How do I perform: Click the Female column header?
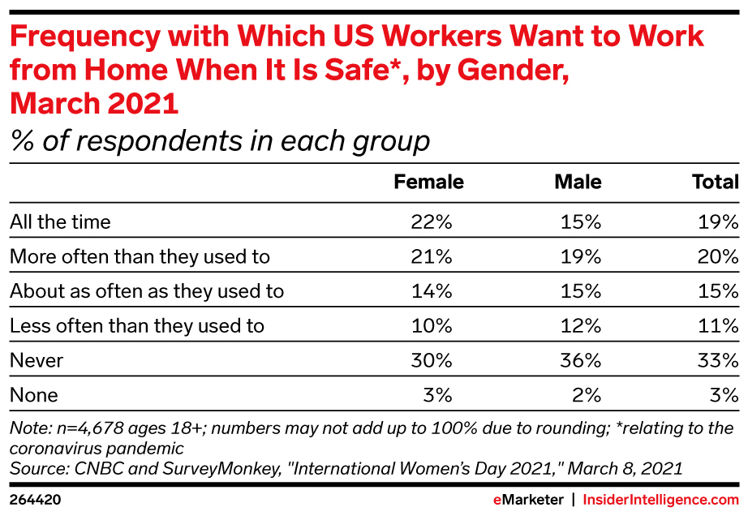pyautogui.click(x=428, y=182)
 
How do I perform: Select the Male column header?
pyautogui.click(x=578, y=182)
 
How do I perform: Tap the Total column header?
pyautogui.click(x=715, y=182)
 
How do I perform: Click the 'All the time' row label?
pyautogui.click(x=60, y=221)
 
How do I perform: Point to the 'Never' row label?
pyautogui.click(x=37, y=360)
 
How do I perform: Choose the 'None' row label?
pyautogui.click(x=34, y=395)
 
